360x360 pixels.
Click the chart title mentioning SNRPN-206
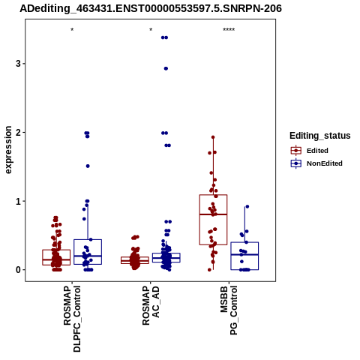[151, 9]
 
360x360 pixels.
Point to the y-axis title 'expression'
[8, 150]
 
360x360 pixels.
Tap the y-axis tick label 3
[18, 64]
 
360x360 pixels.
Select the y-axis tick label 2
[18, 132]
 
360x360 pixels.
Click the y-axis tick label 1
[18, 201]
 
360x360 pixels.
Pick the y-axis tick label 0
[18, 270]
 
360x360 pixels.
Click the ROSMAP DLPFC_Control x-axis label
[72, 319]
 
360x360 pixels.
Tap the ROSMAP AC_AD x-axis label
[151, 305]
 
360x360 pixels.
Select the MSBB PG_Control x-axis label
[229, 310]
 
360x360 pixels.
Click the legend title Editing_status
[320, 136]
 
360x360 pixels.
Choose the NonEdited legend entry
[316, 163]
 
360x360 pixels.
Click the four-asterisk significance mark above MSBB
[229, 30]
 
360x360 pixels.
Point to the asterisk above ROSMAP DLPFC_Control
[72, 30]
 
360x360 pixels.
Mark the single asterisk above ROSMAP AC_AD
[151, 30]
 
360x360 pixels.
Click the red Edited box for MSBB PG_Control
[213, 195]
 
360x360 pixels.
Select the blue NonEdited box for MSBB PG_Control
[244, 242]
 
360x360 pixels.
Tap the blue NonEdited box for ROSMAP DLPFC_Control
[88, 240]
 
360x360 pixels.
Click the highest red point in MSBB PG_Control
[213, 137]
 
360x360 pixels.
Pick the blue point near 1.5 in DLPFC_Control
[88, 166]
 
